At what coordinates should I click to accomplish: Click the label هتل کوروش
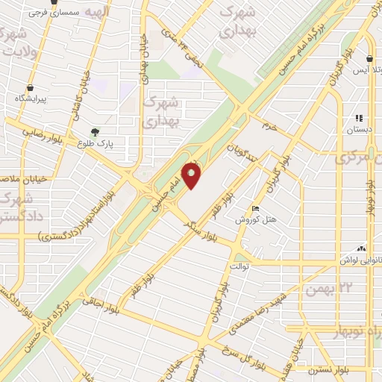tap(257, 219)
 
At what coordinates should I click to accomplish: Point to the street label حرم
tap(269, 126)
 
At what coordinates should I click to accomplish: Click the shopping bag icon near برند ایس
tap(371, 58)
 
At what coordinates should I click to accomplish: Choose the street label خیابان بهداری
tap(142, 67)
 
